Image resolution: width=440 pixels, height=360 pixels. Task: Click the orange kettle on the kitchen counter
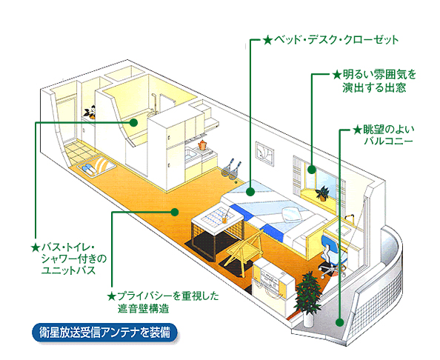(x=202, y=144)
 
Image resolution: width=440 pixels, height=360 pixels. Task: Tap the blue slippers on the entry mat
(x=88, y=169)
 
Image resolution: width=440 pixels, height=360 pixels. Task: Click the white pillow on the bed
(x=292, y=214)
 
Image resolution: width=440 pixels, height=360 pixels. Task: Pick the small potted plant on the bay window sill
(x=322, y=193)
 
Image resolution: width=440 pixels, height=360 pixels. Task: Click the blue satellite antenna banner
(x=105, y=333)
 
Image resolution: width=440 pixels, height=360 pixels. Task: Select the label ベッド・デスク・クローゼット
(x=330, y=40)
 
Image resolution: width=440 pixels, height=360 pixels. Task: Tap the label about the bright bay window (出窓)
(x=374, y=81)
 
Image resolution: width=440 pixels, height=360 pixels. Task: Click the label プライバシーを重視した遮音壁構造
(x=163, y=302)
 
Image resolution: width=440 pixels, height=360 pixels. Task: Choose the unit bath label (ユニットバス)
(x=69, y=259)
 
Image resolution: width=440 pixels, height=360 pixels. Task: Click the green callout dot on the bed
(x=250, y=192)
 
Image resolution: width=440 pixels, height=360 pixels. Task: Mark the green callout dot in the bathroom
(x=133, y=122)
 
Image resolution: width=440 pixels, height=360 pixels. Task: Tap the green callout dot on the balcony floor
(x=339, y=322)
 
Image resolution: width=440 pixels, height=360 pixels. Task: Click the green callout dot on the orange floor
(x=175, y=212)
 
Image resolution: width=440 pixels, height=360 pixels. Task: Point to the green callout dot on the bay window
(x=311, y=170)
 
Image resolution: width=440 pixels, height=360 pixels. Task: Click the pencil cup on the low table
(x=224, y=219)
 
